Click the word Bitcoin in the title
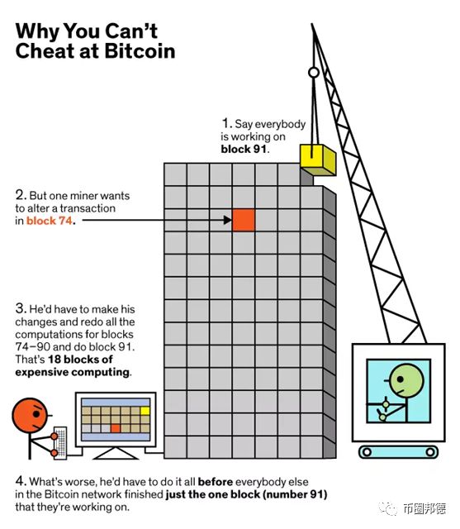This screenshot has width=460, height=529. [x=140, y=51]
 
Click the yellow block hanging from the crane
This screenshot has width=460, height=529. [x=318, y=160]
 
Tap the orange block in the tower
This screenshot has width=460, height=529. [x=244, y=220]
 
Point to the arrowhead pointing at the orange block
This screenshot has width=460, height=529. [x=228, y=220]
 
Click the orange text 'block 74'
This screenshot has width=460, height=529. [x=50, y=221]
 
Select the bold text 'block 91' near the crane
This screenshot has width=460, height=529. [x=244, y=149]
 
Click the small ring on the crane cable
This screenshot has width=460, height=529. [x=314, y=73]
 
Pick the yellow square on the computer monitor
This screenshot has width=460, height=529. [x=145, y=411]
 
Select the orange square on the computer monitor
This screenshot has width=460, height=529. [x=116, y=428]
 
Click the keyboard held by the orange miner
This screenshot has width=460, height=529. [x=60, y=443]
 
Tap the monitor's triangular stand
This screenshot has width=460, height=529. [x=116, y=453]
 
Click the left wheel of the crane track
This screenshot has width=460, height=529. [x=367, y=452]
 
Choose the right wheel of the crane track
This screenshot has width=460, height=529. [x=430, y=452]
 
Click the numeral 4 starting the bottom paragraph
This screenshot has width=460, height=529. [x=20, y=481]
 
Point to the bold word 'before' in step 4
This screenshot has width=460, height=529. [x=216, y=482]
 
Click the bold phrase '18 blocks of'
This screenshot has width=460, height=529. [x=80, y=360]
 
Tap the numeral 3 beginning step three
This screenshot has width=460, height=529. [x=20, y=308]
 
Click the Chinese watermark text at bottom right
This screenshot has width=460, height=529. [x=424, y=508]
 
